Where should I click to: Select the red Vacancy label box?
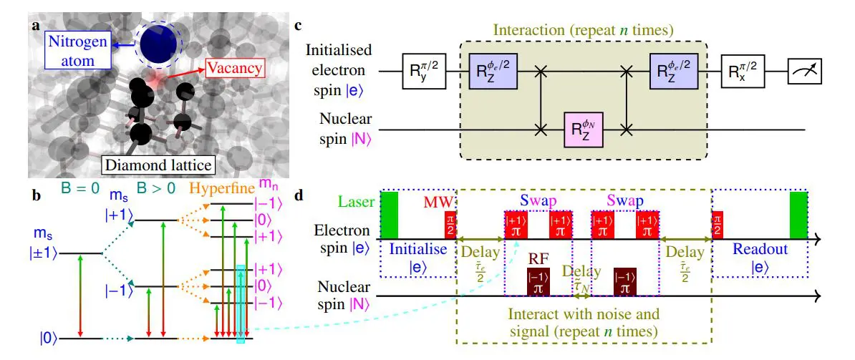point(235,69)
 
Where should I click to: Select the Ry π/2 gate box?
point(423,72)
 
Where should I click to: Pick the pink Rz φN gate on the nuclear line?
point(584,130)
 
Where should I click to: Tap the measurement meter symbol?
point(806,72)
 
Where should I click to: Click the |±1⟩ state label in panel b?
point(44,253)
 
